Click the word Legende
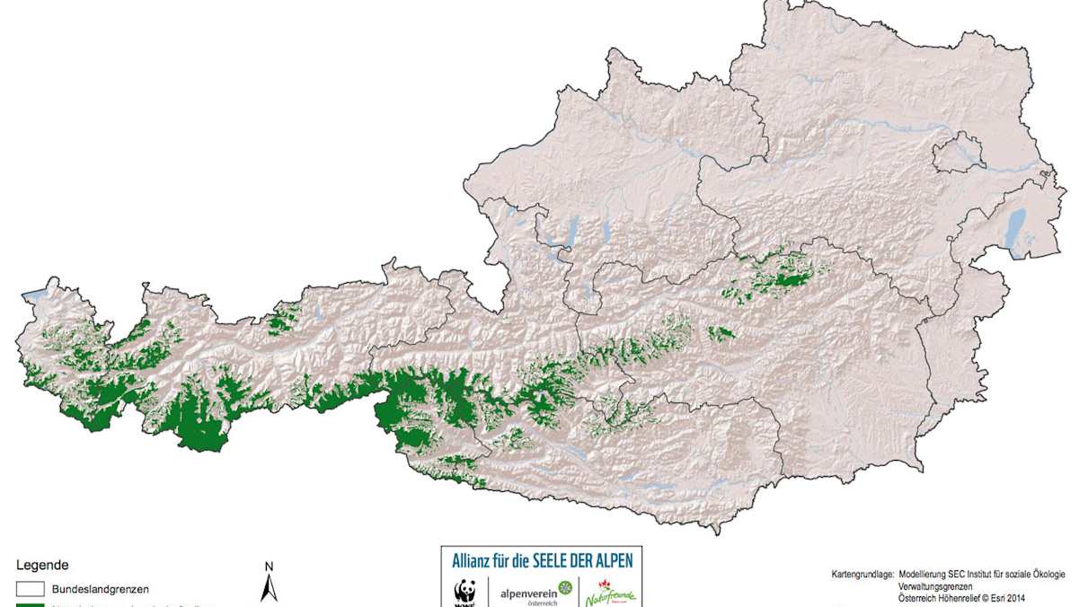42,566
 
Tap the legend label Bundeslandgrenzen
101,589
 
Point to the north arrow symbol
269,588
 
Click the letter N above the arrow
269,567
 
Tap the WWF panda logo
464,594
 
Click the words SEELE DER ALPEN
583,559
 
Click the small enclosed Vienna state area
959,152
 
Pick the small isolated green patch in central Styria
721,334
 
